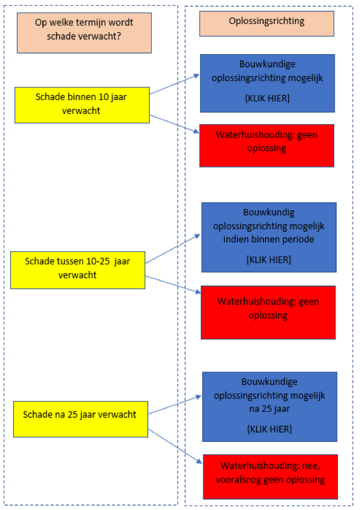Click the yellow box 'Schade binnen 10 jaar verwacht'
tap(82, 105)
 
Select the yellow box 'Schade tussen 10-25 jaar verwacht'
tap(77, 270)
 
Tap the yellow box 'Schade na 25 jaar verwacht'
tap(81, 419)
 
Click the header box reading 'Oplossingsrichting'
tap(267, 23)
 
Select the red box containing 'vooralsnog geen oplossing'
tap(270, 477)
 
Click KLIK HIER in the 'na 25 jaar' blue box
tap(269, 429)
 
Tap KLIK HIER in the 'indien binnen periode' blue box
tap(269, 259)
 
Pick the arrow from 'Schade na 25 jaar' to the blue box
tap(175, 405)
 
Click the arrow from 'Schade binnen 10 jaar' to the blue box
tap(174, 84)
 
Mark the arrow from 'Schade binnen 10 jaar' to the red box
tap(174, 123)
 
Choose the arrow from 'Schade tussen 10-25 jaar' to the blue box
tap(173, 249)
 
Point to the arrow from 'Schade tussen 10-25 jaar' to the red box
tap(173, 285)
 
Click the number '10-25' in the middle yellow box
tap(98, 261)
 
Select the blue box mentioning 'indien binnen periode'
tap(269, 237)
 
